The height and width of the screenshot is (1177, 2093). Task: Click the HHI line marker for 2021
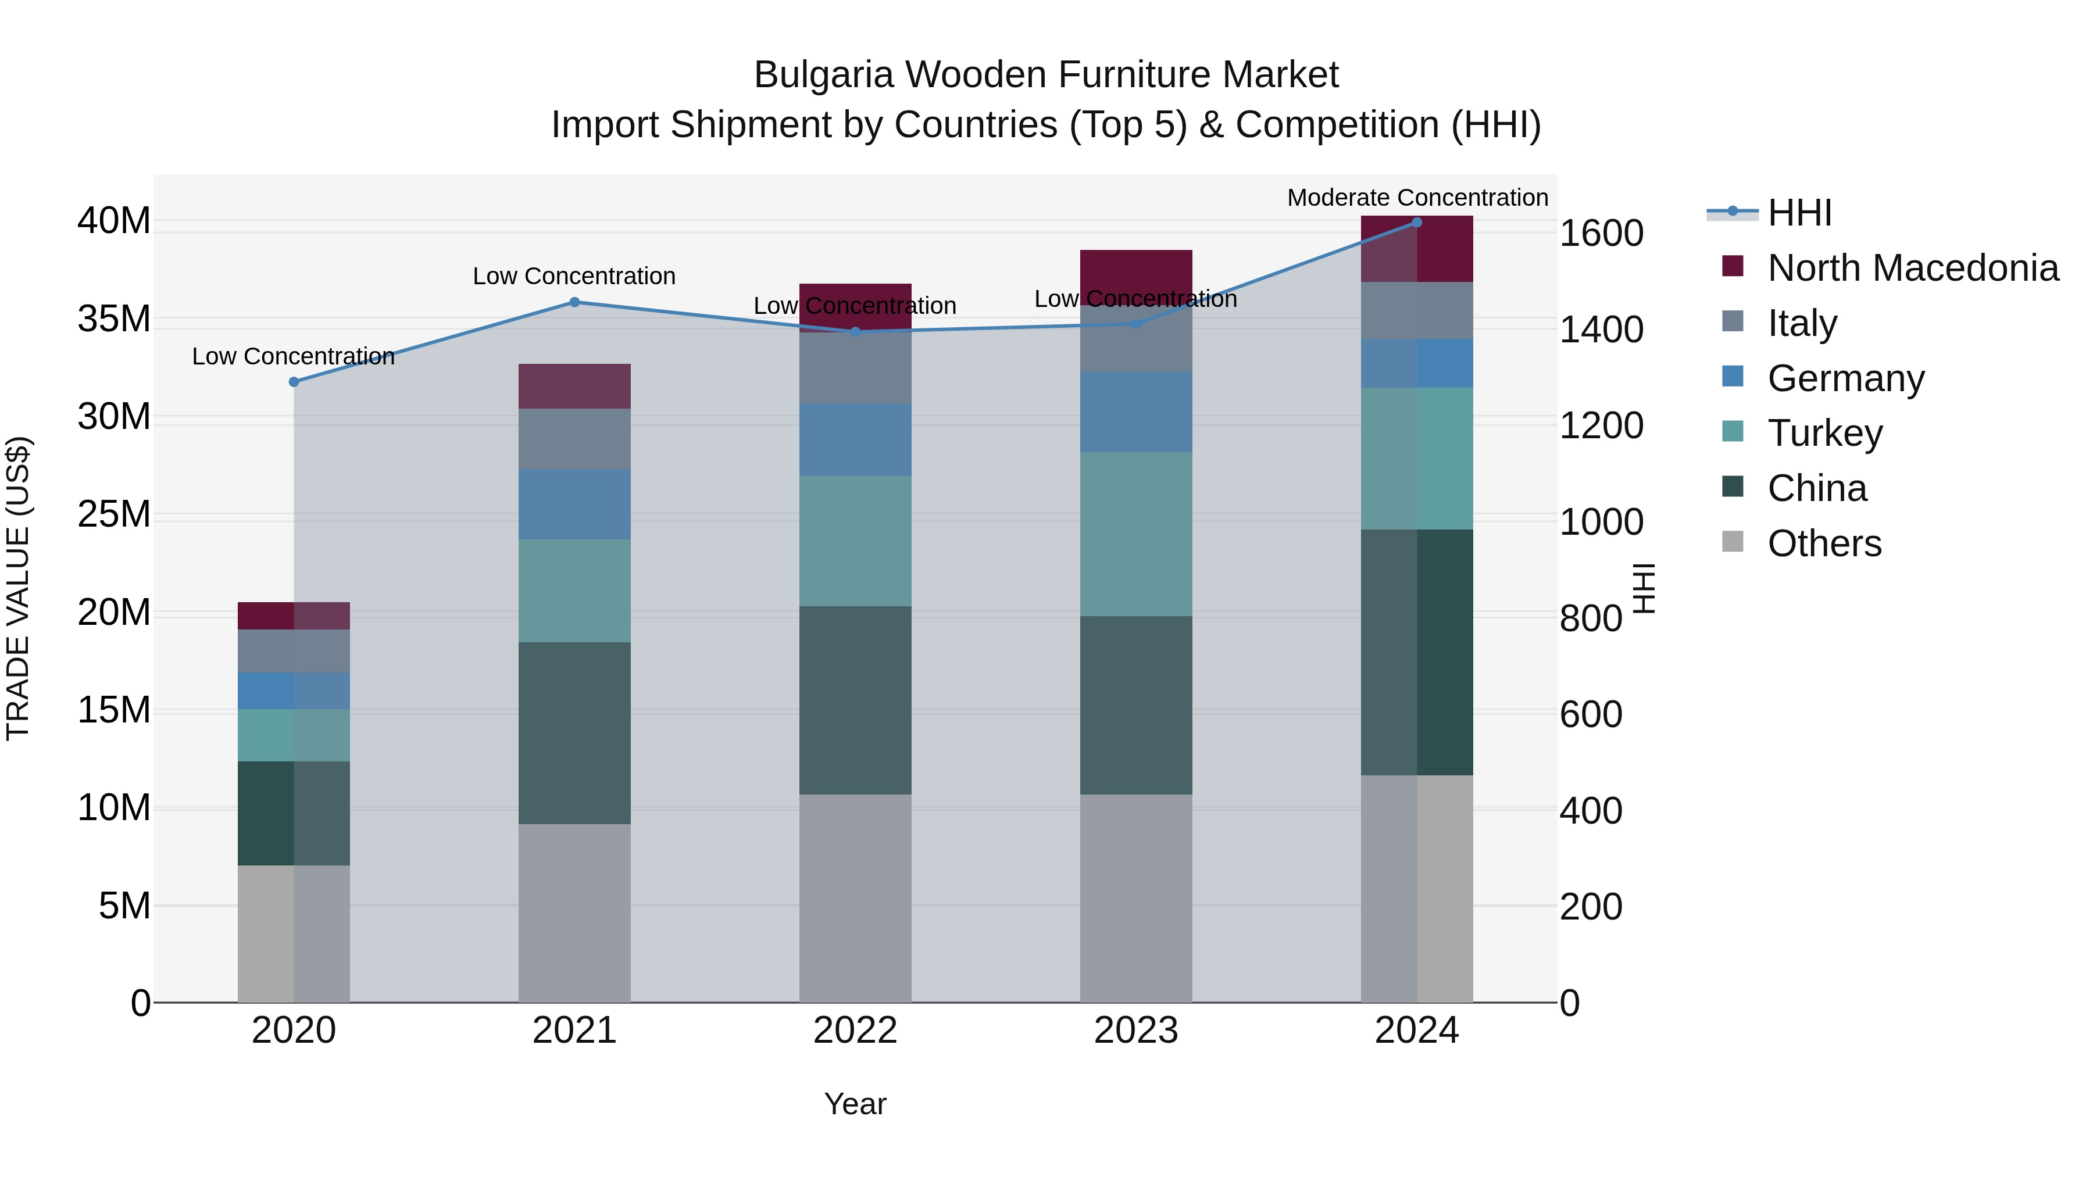click(x=574, y=302)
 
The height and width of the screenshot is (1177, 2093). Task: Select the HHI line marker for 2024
click(x=1416, y=223)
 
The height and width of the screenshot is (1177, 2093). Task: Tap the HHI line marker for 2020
click(x=294, y=382)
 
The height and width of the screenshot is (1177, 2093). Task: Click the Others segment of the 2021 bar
click(x=574, y=913)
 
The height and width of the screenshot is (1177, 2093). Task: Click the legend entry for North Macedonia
click(x=1913, y=268)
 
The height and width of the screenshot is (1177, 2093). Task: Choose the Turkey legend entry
click(x=1825, y=433)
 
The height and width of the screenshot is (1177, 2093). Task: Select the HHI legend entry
click(x=1799, y=213)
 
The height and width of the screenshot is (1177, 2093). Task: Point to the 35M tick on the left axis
click(x=114, y=319)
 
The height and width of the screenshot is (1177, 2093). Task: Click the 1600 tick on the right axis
click(x=1601, y=234)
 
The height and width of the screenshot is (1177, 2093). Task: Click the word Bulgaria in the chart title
click(x=823, y=75)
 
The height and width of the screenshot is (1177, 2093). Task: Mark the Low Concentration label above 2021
click(x=574, y=276)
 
